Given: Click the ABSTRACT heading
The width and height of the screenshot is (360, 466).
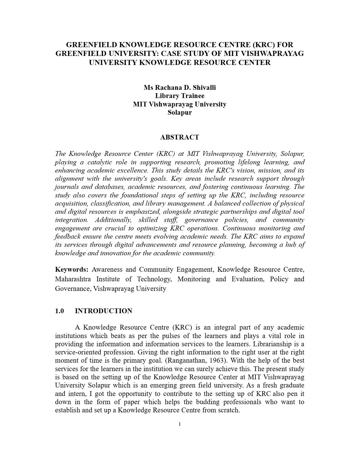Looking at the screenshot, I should point(180,137).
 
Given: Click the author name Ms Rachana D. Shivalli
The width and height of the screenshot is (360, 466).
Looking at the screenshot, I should point(180,88).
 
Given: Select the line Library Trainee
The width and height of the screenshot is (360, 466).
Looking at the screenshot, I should point(180,96).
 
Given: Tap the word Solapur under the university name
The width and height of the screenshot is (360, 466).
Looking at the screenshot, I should point(180,112).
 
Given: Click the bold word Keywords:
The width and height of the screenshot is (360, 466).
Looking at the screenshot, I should point(72,269).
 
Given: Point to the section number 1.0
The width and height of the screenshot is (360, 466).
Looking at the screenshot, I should point(59,311).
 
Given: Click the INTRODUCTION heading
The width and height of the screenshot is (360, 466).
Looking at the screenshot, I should point(103,311).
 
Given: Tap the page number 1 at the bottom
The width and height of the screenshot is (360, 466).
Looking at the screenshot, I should point(180,424).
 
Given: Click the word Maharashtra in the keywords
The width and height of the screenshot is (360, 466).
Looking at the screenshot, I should point(73,279).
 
